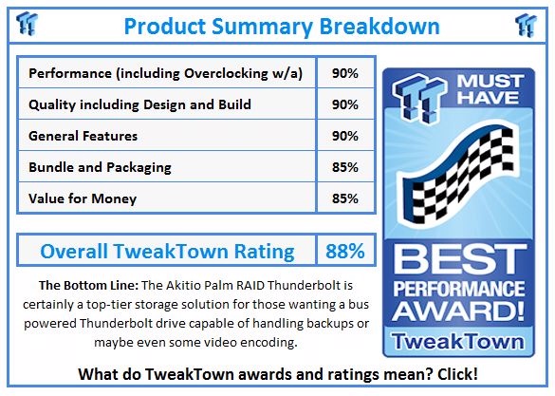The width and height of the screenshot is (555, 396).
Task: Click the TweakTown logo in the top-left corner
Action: (x=27, y=24)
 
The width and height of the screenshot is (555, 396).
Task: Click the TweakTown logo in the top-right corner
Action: (x=526, y=25)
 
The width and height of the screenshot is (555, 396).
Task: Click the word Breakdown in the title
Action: (x=379, y=27)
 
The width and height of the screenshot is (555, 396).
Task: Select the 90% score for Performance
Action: (x=345, y=73)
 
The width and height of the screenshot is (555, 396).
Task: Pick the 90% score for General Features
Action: (x=345, y=136)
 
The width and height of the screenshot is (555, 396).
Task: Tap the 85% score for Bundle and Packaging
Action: (x=345, y=167)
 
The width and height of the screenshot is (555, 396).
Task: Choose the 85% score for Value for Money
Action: (x=345, y=198)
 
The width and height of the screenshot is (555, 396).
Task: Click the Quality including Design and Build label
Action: (x=139, y=104)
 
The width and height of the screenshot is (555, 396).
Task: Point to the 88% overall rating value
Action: (x=345, y=251)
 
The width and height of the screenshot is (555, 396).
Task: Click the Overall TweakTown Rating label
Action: (x=167, y=251)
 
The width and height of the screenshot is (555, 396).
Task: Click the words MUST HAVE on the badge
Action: (x=490, y=89)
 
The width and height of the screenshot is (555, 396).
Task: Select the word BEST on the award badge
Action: (x=459, y=259)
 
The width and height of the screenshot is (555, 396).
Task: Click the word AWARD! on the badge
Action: (x=459, y=311)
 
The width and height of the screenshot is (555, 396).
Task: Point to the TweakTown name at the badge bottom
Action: (x=458, y=342)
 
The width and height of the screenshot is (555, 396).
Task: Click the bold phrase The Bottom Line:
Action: (x=88, y=285)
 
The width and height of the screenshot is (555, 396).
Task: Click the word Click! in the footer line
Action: (x=457, y=374)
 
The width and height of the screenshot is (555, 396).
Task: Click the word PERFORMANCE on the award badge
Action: (x=459, y=288)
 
